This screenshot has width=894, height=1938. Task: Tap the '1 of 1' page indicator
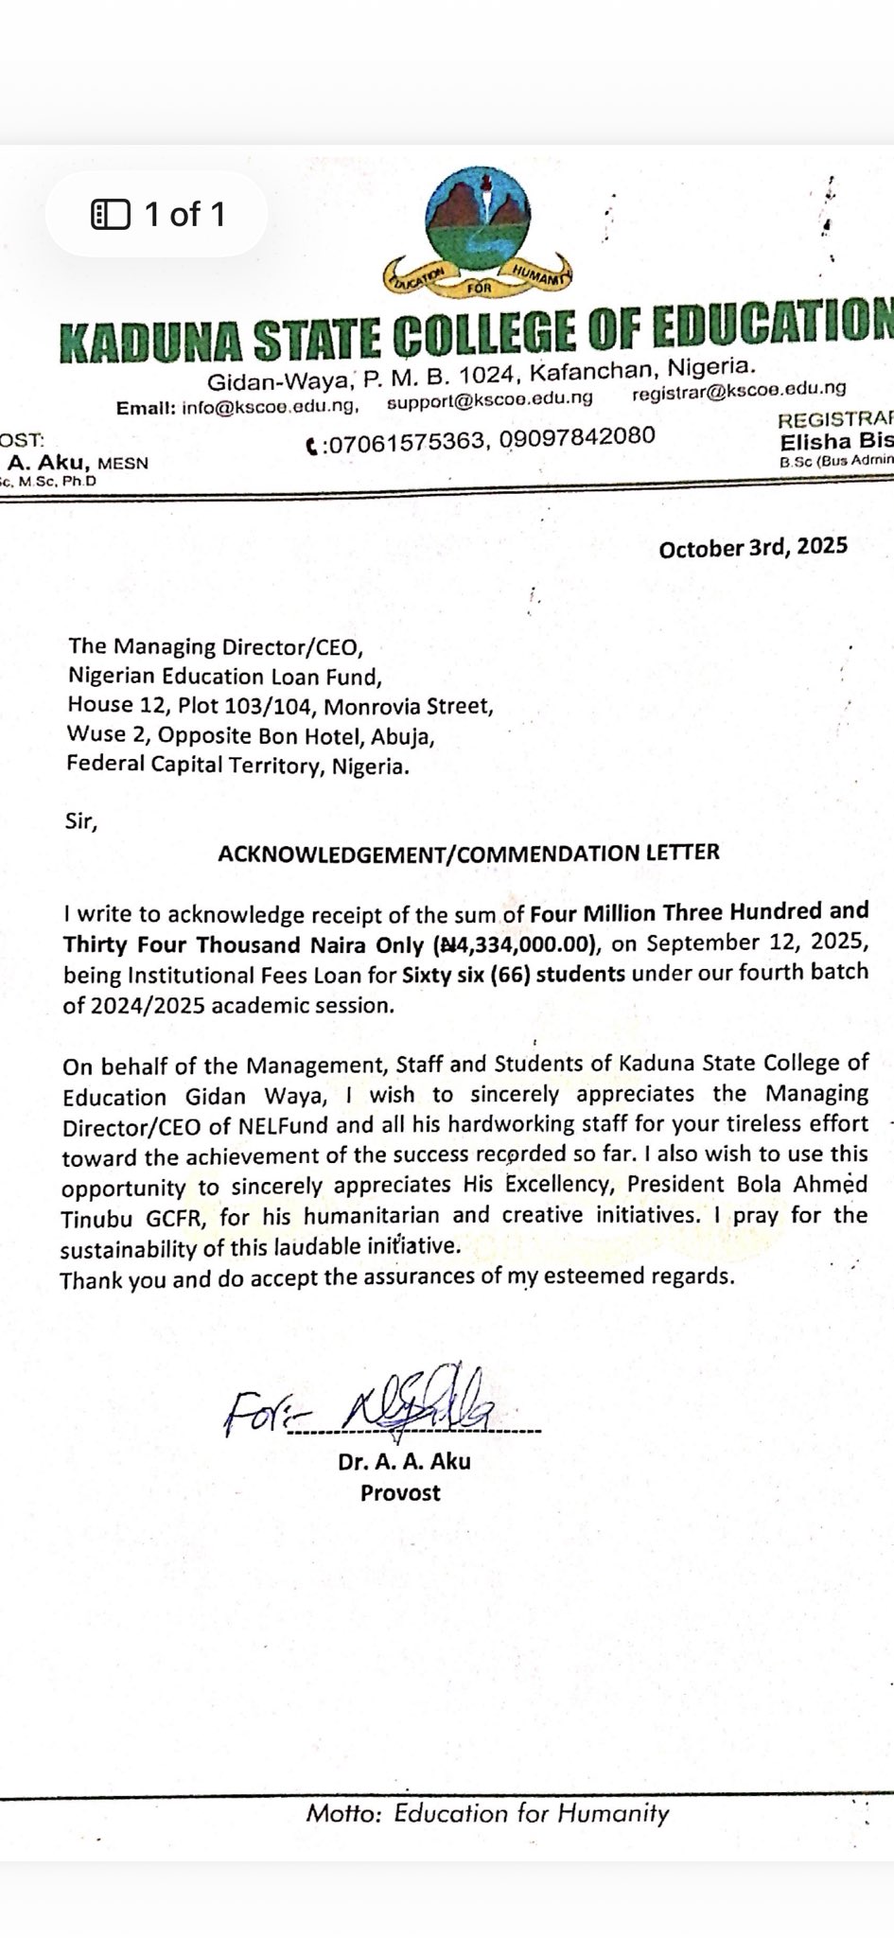(158, 215)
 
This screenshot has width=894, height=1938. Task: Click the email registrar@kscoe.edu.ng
(739, 389)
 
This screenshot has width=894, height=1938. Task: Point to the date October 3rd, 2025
(753, 548)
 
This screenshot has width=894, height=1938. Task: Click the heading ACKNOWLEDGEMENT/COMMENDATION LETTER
(468, 852)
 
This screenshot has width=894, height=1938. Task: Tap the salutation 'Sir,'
(81, 820)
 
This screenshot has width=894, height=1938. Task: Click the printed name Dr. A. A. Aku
(404, 1461)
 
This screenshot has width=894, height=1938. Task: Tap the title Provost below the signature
(400, 1492)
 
